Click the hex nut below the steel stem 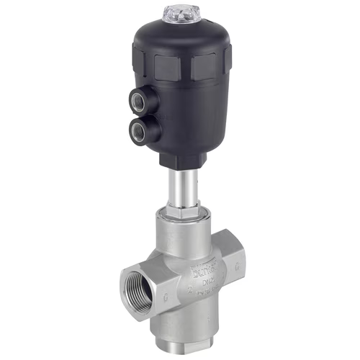180,212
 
